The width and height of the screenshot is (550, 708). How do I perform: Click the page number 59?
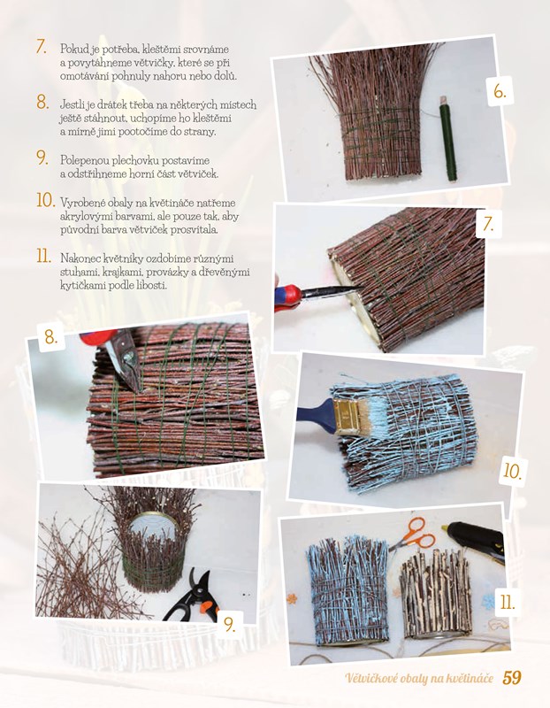pyautogui.click(x=512, y=678)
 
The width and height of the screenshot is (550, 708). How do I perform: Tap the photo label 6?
pyautogui.click(x=500, y=92)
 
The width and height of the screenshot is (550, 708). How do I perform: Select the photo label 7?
pyautogui.click(x=489, y=224)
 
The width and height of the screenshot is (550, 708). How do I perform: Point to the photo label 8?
pyautogui.click(x=51, y=336)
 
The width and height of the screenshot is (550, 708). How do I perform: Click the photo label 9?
pyautogui.click(x=230, y=625)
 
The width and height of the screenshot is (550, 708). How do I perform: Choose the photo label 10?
pyautogui.click(x=513, y=472)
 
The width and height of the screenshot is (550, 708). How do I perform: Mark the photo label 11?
pyautogui.click(x=508, y=602)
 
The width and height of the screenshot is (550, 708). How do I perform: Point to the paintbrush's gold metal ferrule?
pyautogui.click(x=346, y=416)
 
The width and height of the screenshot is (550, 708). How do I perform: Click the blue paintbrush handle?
pyautogui.click(x=316, y=414)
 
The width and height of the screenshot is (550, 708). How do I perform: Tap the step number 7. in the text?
pyautogui.click(x=42, y=47)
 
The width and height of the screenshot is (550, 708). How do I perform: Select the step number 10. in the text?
pyautogui.click(x=46, y=201)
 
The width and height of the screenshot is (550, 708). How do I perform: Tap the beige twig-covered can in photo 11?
pyautogui.click(x=435, y=592)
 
